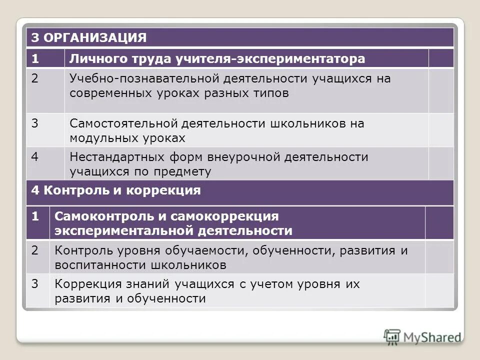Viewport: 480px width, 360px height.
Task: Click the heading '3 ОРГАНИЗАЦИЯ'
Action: click(x=89, y=37)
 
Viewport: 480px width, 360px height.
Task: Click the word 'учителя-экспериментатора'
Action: click(x=270, y=59)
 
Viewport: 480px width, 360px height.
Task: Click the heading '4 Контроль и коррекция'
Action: click(x=116, y=190)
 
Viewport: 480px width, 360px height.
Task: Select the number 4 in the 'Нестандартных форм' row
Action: click(x=35, y=156)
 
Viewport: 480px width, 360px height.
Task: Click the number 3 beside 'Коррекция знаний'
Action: click(x=35, y=283)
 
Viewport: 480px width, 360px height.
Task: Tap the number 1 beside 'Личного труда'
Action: click(x=35, y=59)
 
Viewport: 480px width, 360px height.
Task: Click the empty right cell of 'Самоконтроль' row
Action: click(x=439, y=223)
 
